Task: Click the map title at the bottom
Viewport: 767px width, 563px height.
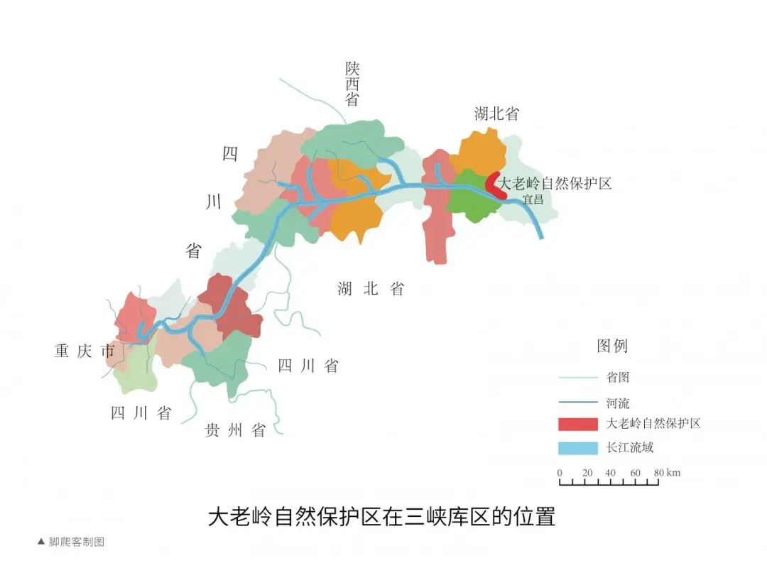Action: (381, 516)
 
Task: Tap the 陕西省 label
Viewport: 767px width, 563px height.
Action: (353, 84)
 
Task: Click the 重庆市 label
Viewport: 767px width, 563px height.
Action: (84, 351)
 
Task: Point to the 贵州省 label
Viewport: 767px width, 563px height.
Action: (235, 430)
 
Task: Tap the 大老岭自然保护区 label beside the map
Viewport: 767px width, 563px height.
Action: (555, 183)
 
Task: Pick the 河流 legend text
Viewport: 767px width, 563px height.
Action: (617, 403)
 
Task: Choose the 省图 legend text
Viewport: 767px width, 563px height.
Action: (617, 378)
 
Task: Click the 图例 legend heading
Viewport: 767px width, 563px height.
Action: (612, 346)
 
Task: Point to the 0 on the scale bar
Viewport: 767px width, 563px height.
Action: (560, 473)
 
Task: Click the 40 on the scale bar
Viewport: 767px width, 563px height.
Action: (610, 473)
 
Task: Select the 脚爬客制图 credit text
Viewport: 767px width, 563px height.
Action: (76, 542)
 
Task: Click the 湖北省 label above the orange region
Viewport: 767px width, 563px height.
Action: (496, 114)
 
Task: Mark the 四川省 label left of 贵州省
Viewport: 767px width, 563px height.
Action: (141, 413)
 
